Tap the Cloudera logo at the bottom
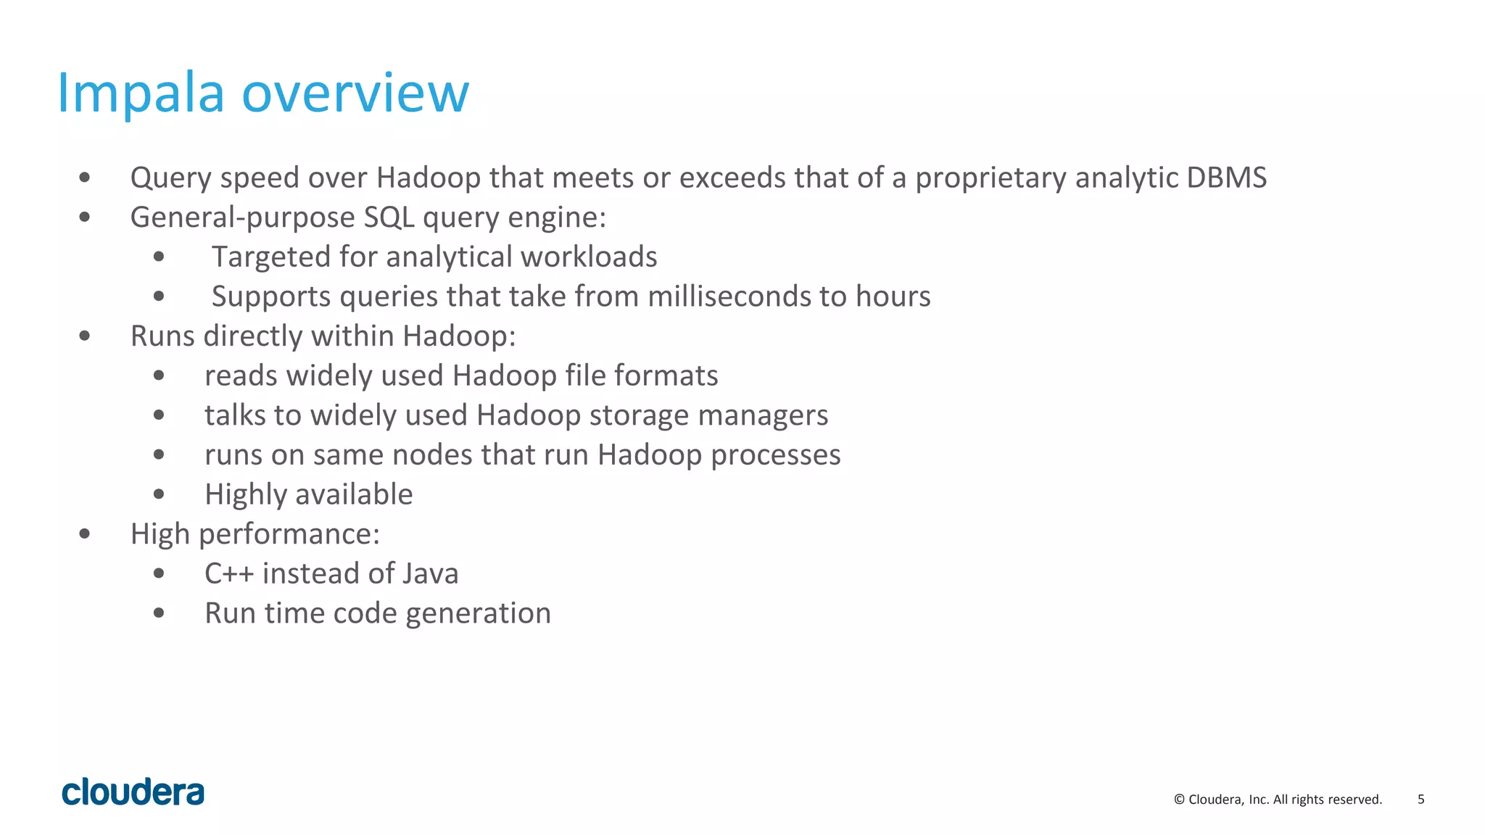coord(133,792)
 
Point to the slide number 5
coord(1420,799)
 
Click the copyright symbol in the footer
coord(1179,799)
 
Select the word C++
coord(229,573)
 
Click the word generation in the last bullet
coord(478,614)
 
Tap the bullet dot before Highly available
coord(159,495)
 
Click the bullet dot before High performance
coord(85,534)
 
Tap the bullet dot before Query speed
coord(85,178)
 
